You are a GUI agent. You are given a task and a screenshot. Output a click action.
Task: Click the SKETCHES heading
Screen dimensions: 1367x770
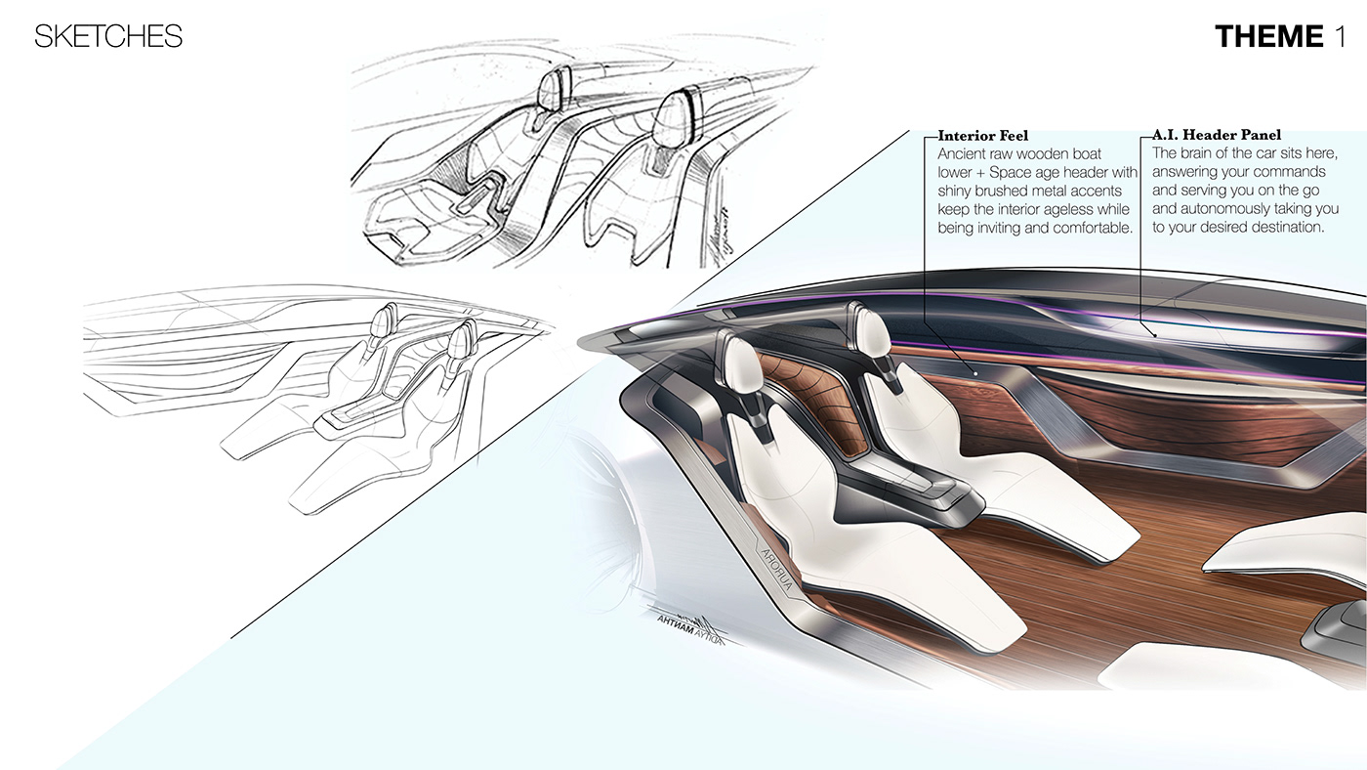(x=108, y=37)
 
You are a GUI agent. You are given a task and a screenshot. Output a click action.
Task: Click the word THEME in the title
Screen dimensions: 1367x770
(x=1268, y=37)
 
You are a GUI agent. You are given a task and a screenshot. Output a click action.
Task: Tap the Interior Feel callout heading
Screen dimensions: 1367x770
(x=982, y=136)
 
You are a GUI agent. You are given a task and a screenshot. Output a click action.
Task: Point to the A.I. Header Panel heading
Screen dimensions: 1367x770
(x=1217, y=136)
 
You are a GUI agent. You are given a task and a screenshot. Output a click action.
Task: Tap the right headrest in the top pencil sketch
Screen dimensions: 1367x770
(x=677, y=114)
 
